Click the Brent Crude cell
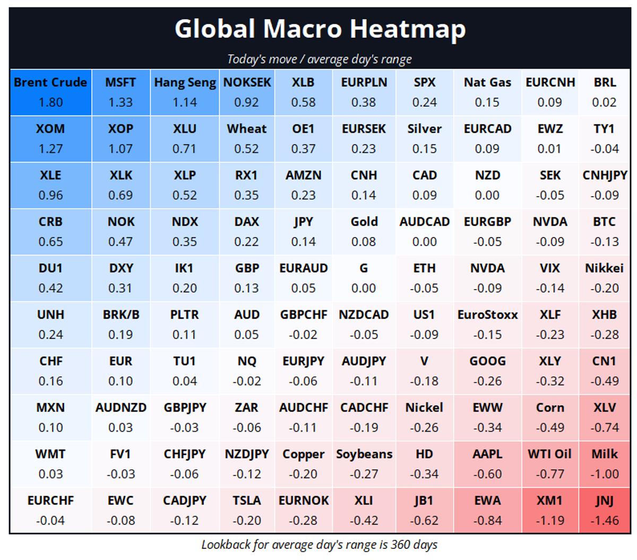click(50, 92)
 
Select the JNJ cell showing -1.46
click(604, 510)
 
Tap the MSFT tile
click(120, 92)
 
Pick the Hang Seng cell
click(185, 92)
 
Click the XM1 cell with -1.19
click(549, 510)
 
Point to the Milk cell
click(604, 463)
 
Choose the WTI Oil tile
click(549, 463)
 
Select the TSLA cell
click(246, 510)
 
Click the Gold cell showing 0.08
click(364, 231)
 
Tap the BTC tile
click(604, 231)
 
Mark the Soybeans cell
click(364, 463)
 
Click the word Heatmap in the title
click(407, 29)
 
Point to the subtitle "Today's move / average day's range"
click(319, 59)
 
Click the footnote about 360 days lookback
click(319, 545)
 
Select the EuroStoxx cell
click(487, 324)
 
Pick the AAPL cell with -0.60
click(487, 463)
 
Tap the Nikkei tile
click(604, 278)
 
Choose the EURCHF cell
click(50, 510)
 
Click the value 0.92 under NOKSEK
click(246, 102)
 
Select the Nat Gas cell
click(487, 92)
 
